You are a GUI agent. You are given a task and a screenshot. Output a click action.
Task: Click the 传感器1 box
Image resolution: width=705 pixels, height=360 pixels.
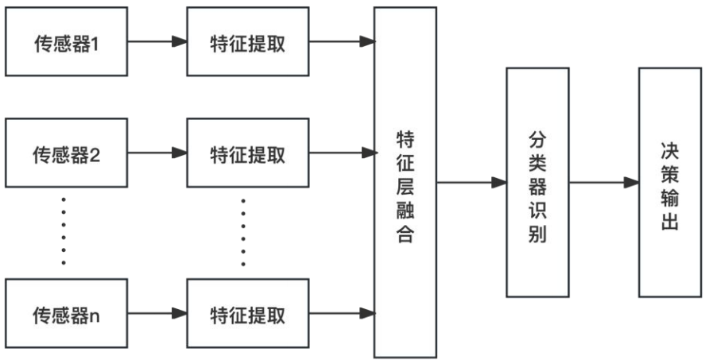[66, 42]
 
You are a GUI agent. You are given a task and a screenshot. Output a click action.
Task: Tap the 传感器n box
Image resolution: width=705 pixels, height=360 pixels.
[66, 313]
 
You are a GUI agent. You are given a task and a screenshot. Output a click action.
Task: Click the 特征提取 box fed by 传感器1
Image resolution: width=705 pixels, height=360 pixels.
[247, 42]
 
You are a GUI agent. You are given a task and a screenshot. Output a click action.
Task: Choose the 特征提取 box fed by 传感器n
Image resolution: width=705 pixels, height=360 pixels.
[247, 313]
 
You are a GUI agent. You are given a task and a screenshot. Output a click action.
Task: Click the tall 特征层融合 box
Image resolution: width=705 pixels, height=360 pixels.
[405, 182]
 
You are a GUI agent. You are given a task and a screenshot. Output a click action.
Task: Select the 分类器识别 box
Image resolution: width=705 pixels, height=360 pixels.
[537, 182]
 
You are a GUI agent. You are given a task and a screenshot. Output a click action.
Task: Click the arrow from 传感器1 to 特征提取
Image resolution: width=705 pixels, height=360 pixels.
[157, 42]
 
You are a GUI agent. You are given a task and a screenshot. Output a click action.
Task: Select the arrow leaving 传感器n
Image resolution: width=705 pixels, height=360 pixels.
[157, 313]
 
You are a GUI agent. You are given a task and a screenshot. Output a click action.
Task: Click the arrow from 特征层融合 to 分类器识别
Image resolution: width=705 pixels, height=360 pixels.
[471, 183]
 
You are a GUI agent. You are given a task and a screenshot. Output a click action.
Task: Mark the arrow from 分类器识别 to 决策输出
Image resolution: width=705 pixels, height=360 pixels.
[603, 183]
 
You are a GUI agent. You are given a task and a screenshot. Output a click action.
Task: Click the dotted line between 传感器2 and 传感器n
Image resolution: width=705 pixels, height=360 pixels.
[64, 231]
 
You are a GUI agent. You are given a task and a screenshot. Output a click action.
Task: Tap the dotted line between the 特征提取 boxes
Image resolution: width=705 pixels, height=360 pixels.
[243, 231]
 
